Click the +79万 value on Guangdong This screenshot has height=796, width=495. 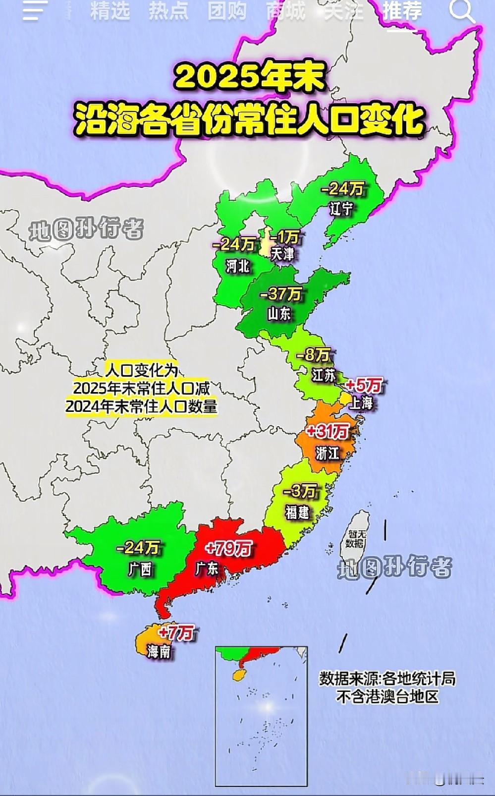click(228, 549)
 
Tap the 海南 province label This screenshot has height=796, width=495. click(159, 651)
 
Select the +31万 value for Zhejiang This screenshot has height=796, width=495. click(328, 431)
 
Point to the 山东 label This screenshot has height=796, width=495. click(279, 314)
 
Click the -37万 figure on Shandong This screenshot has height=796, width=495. click(280, 294)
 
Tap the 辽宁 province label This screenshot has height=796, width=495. click(341, 209)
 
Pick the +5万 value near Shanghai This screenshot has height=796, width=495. click(364, 385)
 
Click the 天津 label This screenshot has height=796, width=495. click(282, 255)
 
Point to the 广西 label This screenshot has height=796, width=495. click(140, 568)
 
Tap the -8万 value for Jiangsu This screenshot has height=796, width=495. click(313, 355)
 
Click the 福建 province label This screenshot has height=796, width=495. click(297, 512)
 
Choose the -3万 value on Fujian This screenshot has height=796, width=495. click(300, 492)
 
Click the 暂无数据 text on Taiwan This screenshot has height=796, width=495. click(355, 539)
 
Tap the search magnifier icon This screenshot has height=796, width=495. click(461, 11)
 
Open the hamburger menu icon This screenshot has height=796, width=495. click(35, 11)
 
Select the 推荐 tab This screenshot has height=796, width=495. click(402, 11)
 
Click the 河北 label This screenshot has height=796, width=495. click(238, 266)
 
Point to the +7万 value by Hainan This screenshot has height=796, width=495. click(176, 633)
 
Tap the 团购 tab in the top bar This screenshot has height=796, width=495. click(226, 11)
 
